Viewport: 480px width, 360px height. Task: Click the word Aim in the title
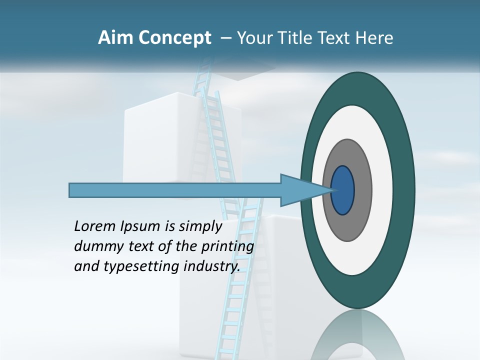(x=113, y=38)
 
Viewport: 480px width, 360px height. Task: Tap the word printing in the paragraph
(x=227, y=247)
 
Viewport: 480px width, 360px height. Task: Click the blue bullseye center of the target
(x=343, y=190)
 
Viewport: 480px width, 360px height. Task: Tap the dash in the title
(x=225, y=38)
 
